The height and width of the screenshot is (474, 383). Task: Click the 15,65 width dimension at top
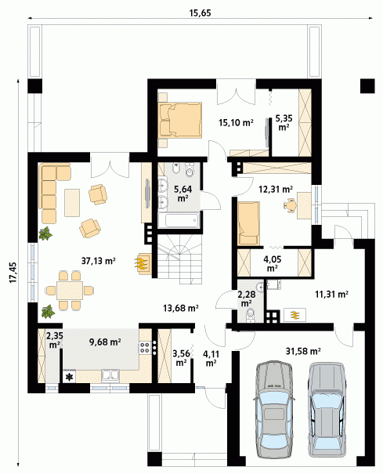[x=200, y=13]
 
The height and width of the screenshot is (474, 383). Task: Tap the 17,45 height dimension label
[x=13, y=273]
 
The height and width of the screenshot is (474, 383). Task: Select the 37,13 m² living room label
[x=99, y=260]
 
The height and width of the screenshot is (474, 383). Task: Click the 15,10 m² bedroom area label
[x=236, y=122]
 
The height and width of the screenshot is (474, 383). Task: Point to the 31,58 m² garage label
[x=303, y=351]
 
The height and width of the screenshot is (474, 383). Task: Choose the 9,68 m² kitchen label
[x=105, y=342]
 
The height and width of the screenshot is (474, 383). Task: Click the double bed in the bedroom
[x=180, y=120]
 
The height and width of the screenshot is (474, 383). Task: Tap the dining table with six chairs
[x=70, y=291]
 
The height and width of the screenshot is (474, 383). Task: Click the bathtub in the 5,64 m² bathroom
[x=179, y=221]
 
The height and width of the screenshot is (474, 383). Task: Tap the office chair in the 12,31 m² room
[x=291, y=204]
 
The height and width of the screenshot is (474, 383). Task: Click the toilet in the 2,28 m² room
[x=251, y=314]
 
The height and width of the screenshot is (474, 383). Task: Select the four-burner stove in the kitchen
[x=145, y=348]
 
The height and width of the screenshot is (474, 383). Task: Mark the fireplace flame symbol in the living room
[x=142, y=262]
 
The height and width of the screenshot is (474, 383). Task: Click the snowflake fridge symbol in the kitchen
[x=70, y=377]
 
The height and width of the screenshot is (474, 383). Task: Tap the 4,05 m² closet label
[x=273, y=263]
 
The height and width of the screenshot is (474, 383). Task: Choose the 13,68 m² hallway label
[x=181, y=308]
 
